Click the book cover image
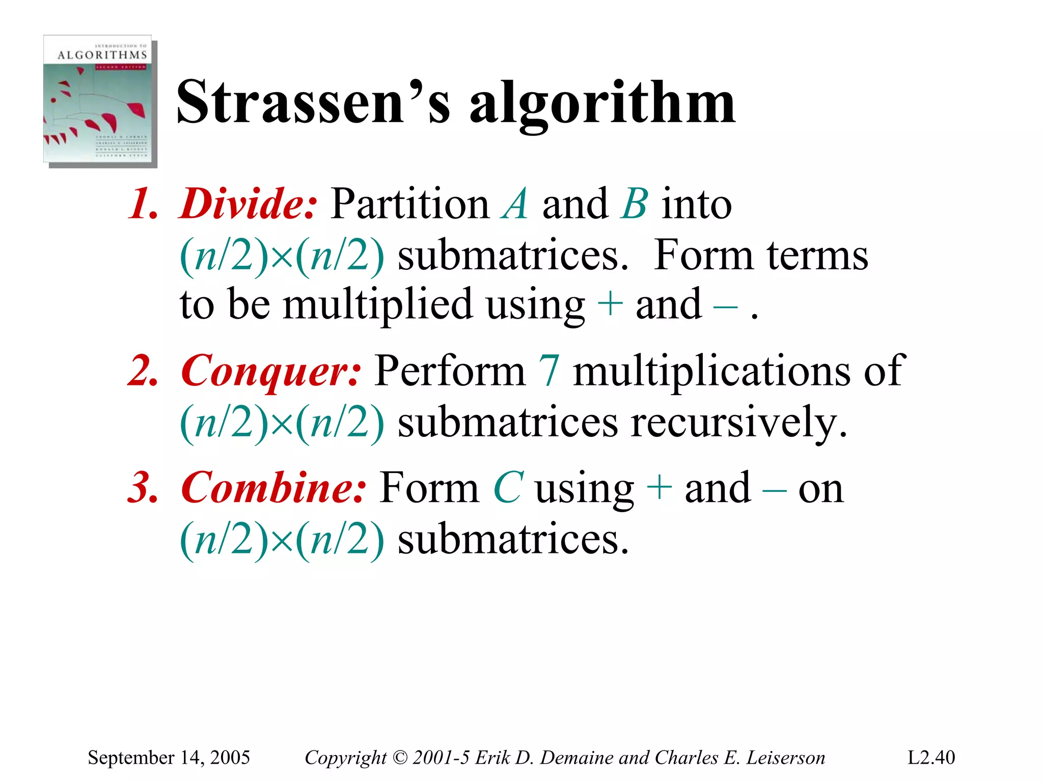point(100,100)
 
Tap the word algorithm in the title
point(602,104)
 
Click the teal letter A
point(515,204)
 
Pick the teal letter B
point(635,204)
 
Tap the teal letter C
point(508,487)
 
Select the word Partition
point(410,204)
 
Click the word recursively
point(738,423)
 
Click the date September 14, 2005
point(169,758)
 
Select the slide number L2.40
point(931,758)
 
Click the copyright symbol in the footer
point(400,758)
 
